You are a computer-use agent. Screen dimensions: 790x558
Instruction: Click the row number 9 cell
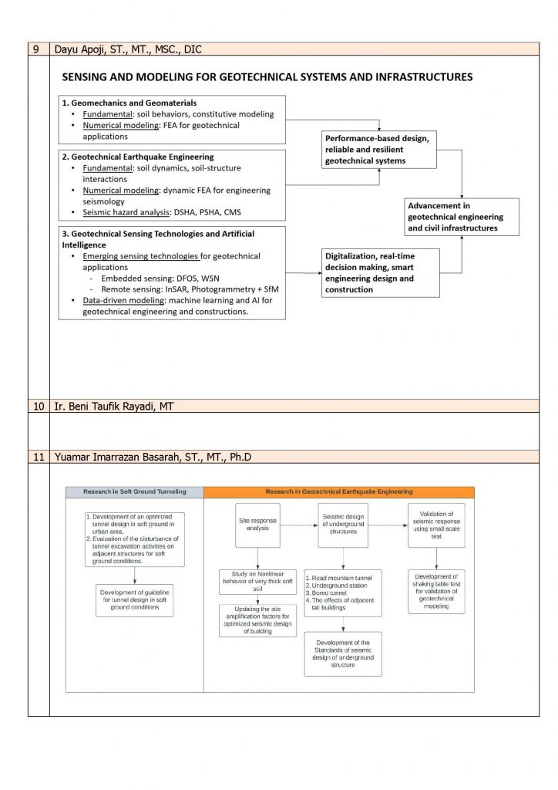click(38, 49)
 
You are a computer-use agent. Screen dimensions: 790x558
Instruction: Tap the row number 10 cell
click(38, 406)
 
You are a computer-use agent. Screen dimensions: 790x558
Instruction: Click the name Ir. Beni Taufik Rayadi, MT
click(113, 406)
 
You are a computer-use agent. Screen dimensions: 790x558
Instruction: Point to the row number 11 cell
click(38, 457)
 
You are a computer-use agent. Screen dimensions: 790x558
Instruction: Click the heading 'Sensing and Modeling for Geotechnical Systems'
click(267, 77)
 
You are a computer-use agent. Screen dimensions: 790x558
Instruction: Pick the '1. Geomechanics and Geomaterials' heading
click(129, 103)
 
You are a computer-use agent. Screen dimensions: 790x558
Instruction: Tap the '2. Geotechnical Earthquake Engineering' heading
click(138, 157)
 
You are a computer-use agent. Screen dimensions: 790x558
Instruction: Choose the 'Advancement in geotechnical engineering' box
click(462, 217)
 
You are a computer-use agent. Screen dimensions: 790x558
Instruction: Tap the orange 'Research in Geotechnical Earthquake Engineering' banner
click(339, 491)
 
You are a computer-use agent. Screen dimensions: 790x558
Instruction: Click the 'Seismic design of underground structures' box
click(350, 525)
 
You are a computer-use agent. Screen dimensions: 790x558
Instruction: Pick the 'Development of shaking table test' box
click(437, 592)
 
